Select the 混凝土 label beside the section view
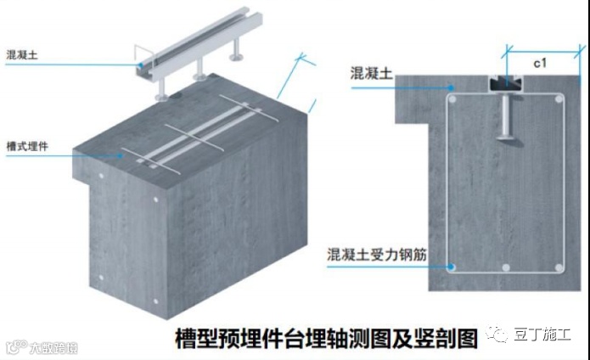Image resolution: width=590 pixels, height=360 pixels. point(370,74)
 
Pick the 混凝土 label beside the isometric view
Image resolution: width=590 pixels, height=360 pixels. point(22,54)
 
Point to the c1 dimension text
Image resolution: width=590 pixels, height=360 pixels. point(539,62)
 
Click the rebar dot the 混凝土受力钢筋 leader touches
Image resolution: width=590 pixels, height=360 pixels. point(453,267)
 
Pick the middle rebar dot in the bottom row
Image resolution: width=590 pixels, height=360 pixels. point(507,268)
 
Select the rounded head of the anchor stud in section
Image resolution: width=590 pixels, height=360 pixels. point(508,133)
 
